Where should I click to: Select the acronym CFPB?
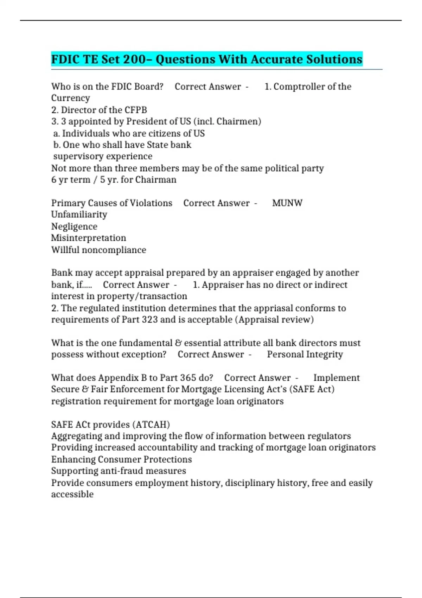click(x=136, y=110)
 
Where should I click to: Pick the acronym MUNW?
click(x=287, y=203)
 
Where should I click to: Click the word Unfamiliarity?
click(x=79, y=215)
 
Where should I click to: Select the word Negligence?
click(x=74, y=226)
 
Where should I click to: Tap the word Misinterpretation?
click(x=89, y=238)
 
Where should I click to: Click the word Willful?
click(x=65, y=250)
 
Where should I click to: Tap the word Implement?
click(x=337, y=377)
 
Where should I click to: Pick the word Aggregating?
click(x=77, y=436)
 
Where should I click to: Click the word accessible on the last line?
click(x=72, y=494)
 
